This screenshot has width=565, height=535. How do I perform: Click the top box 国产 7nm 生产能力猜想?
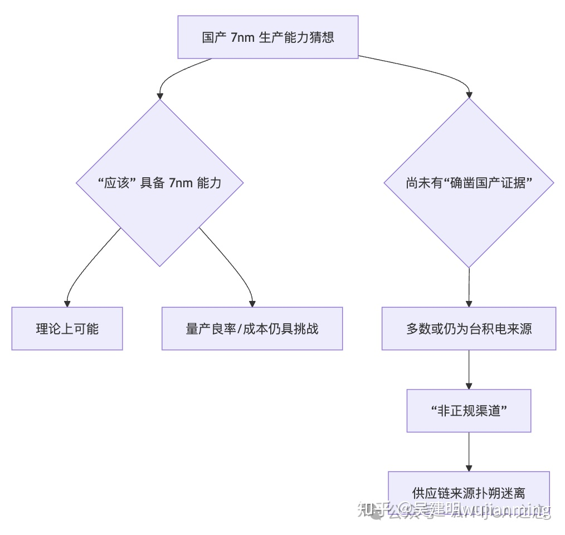(267, 37)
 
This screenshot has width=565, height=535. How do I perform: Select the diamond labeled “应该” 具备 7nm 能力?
(159, 183)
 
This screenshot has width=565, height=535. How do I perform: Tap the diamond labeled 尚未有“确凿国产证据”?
(469, 183)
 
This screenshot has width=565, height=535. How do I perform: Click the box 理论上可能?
(67, 328)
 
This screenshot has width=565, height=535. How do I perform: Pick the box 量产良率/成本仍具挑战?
(252, 328)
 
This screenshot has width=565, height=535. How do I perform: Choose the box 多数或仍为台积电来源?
(469, 328)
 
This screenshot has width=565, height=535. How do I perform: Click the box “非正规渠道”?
(469, 411)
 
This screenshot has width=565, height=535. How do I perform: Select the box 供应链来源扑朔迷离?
(469, 493)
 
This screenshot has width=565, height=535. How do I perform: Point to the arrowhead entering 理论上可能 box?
(67, 303)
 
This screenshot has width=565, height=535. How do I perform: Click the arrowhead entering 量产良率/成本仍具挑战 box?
(252, 303)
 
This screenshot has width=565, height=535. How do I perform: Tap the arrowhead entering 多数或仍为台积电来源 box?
(469, 303)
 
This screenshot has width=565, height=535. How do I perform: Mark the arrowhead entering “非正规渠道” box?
(469, 385)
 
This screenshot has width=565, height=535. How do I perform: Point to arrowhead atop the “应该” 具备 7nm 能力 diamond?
(160, 95)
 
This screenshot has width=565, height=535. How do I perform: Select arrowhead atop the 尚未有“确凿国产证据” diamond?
(469, 94)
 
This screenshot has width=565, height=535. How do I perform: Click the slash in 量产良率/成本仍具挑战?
(241, 328)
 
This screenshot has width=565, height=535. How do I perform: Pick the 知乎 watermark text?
(372, 509)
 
